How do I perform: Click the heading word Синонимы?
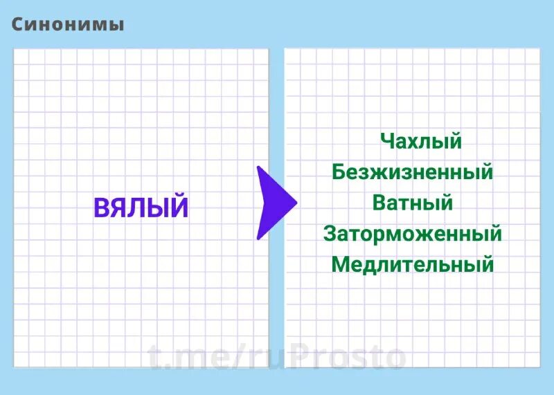point(68,24)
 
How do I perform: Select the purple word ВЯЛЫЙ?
point(141,208)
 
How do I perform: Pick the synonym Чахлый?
point(420,142)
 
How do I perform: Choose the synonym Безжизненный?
point(412,172)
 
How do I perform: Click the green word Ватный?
point(412,203)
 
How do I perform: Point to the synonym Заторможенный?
point(412,233)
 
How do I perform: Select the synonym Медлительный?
point(412,264)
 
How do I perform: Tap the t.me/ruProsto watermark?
point(277,357)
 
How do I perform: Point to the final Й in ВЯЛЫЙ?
point(179,206)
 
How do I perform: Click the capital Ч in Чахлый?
point(386,142)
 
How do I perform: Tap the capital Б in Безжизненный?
point(339,172)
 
